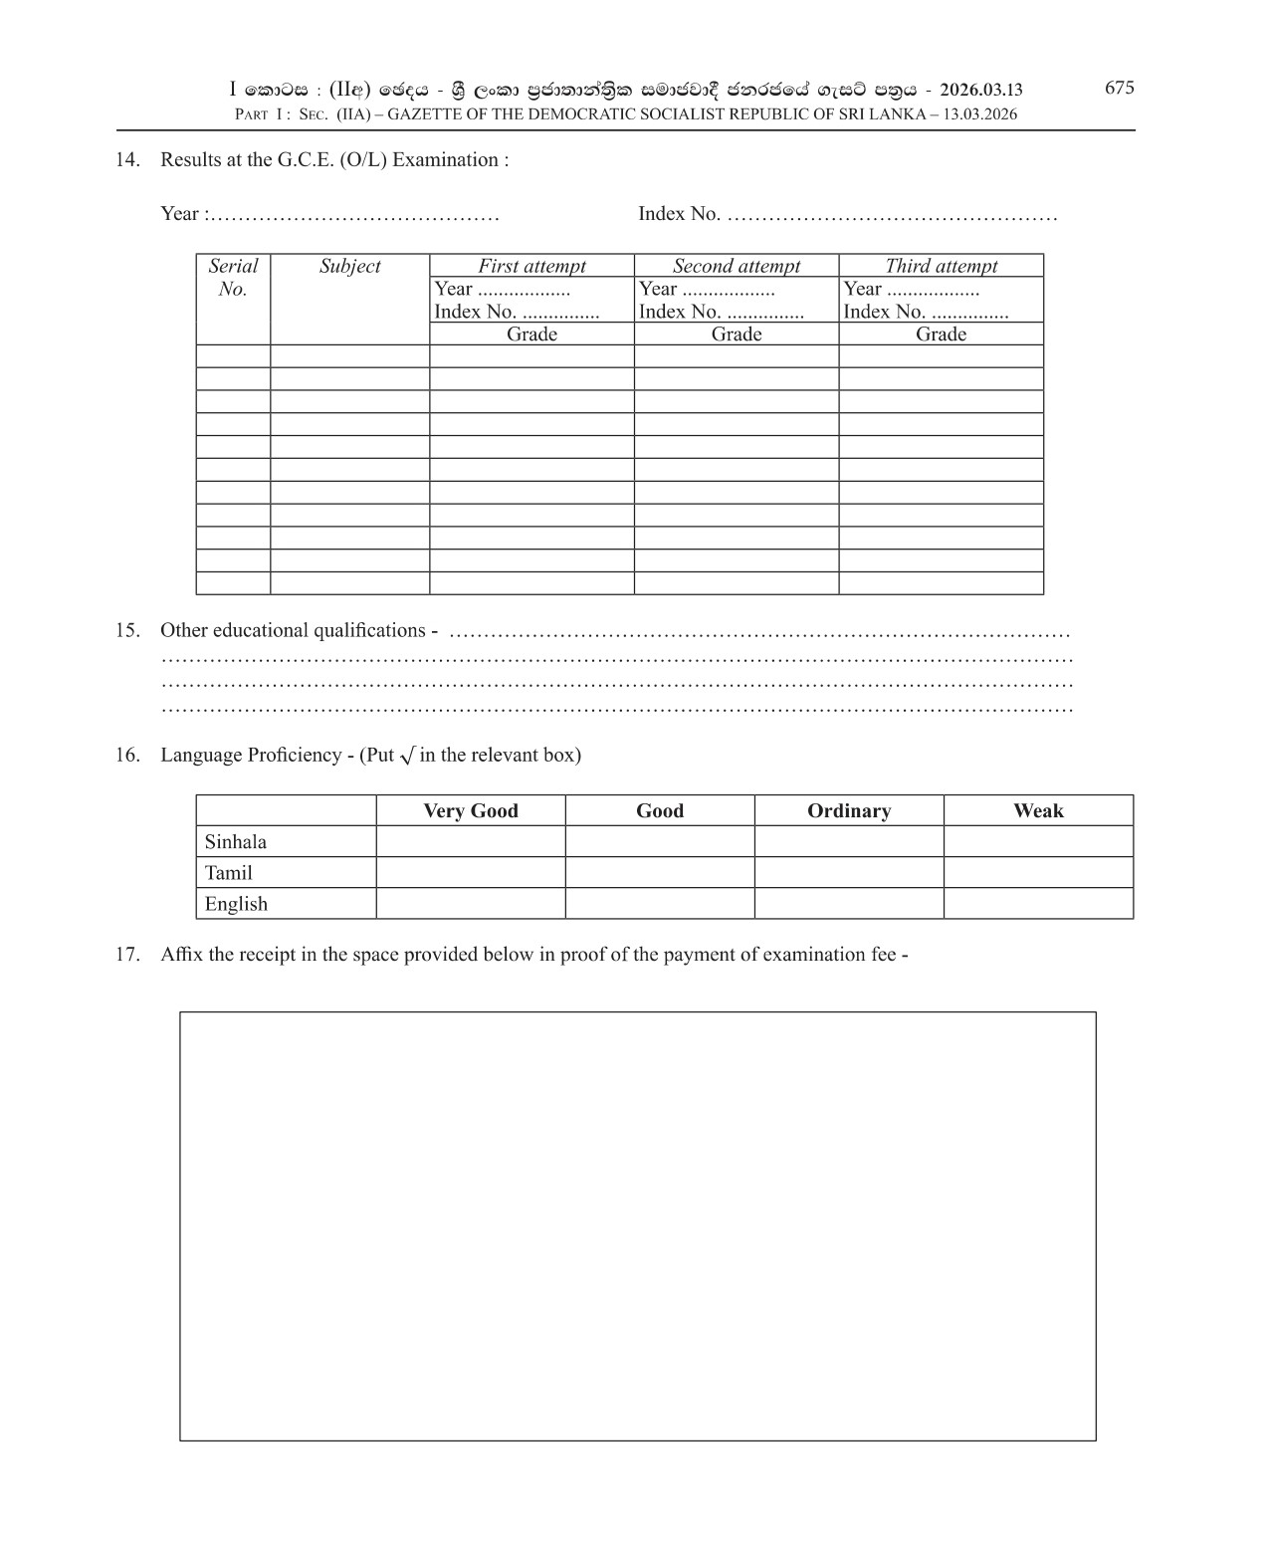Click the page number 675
[1119, 88]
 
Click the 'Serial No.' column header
[233, 278]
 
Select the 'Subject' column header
[349, 266]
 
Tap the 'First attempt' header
[531, 266]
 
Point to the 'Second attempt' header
[736, 266]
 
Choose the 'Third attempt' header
[941, 266]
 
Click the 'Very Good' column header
[471, 810]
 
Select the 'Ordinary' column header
[849, 810]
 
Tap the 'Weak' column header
[1038, 810]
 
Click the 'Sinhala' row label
[236, 841]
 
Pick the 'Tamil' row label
[229, 873]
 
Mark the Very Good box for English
[471, 904]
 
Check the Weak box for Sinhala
[1038, 841]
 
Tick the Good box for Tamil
[660, 873]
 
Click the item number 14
[126, 159]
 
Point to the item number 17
[126, 954]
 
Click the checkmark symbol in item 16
[406, 756]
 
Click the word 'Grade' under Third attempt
[941, 333]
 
